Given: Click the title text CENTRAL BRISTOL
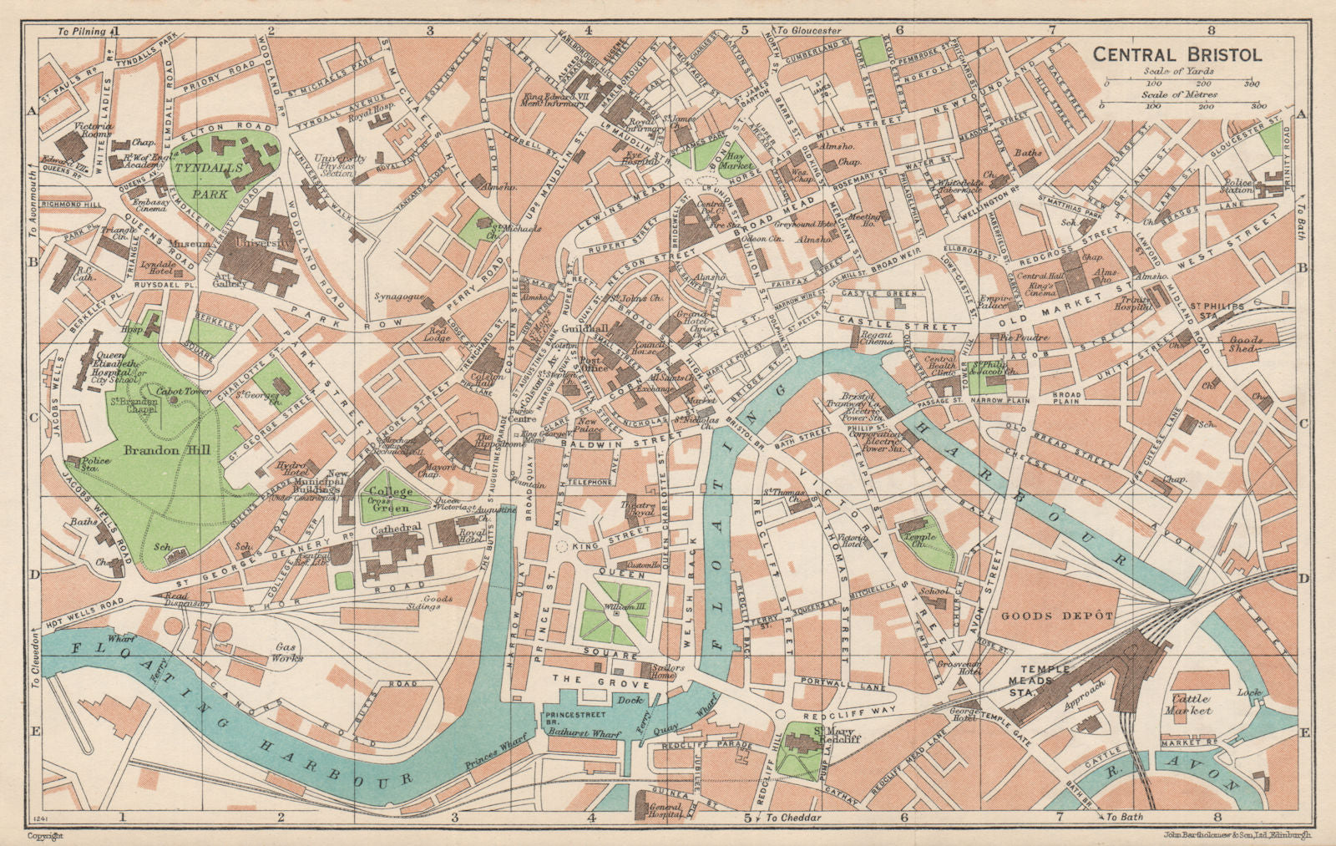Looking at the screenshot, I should tap(1178, 55).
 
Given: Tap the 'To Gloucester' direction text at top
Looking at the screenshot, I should tap(809, 31).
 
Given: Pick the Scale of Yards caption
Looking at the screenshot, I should tap(1179, 72).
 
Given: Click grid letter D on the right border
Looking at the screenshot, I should tap(1303, 578).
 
